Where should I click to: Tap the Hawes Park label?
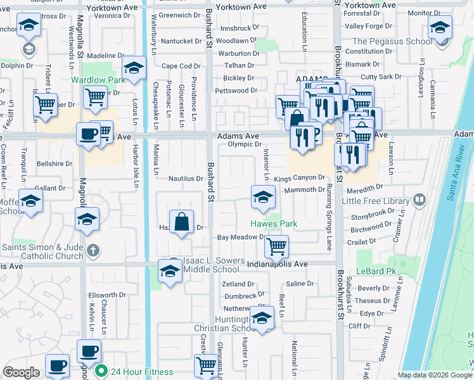(273, 224)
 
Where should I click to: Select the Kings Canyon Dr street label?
(299, 178)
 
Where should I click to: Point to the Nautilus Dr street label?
(185, 179)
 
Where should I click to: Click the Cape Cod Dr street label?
(181, 66)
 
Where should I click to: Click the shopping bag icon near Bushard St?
(182, 222)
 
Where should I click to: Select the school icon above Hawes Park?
(264, 197)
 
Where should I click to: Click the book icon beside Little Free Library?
(418, 201)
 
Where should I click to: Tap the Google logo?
(22, 372)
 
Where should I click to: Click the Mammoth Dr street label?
(309, 189)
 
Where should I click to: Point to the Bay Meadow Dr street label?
(240, 237)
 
